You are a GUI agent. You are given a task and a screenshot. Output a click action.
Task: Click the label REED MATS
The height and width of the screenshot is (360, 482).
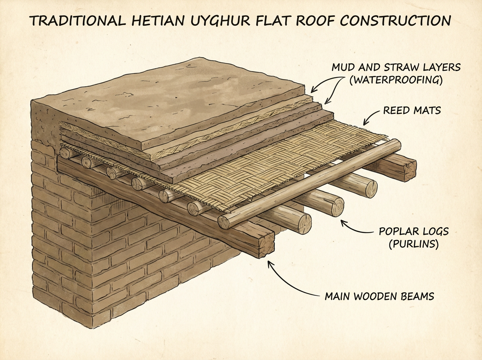pos(412,110)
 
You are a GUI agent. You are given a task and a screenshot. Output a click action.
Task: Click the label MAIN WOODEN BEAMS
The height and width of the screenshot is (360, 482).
pos(379,297)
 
